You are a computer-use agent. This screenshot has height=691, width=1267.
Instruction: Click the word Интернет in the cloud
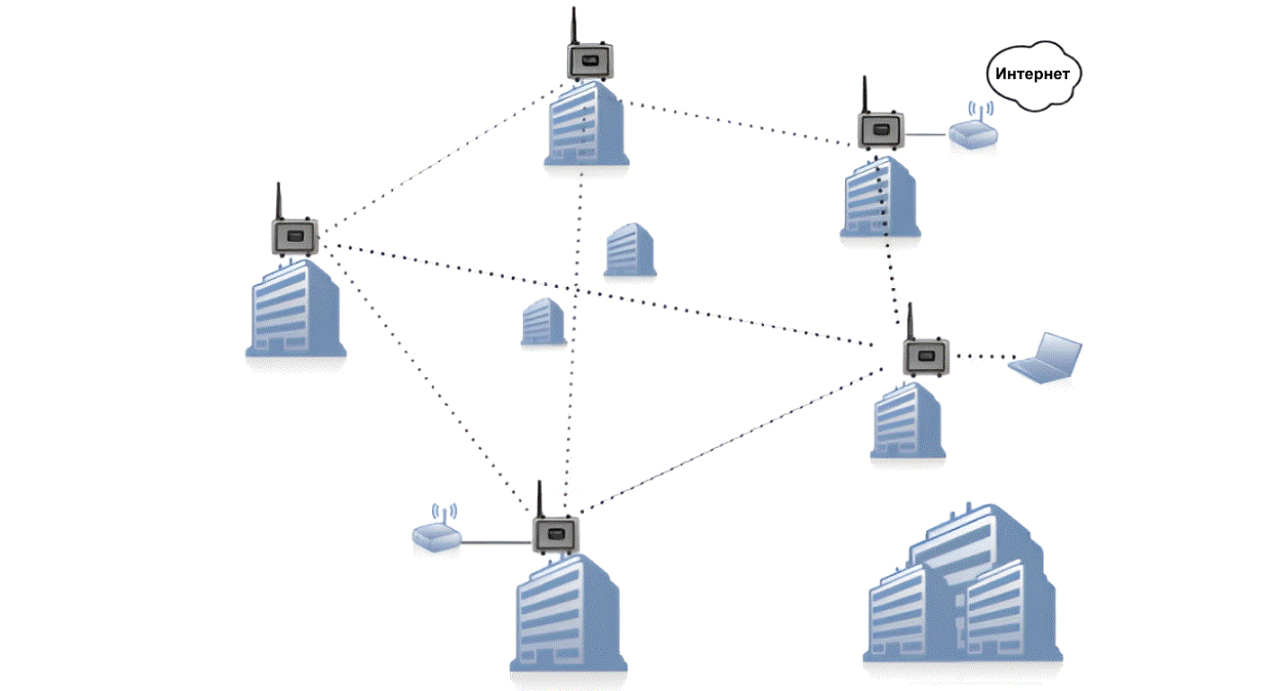coord(1033,74)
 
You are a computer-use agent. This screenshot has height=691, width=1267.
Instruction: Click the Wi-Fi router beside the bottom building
coord(436,536)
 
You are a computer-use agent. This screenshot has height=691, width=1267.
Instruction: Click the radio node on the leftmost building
coord(294,237)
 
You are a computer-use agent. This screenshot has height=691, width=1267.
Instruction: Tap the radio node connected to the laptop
coord(926,355)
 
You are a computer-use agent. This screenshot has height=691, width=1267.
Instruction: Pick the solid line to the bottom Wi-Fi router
coord(496,543)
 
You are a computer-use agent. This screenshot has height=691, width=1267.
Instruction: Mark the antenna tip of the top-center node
coord(573,11)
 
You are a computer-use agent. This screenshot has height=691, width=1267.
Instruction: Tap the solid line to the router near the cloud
coord(926,135)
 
